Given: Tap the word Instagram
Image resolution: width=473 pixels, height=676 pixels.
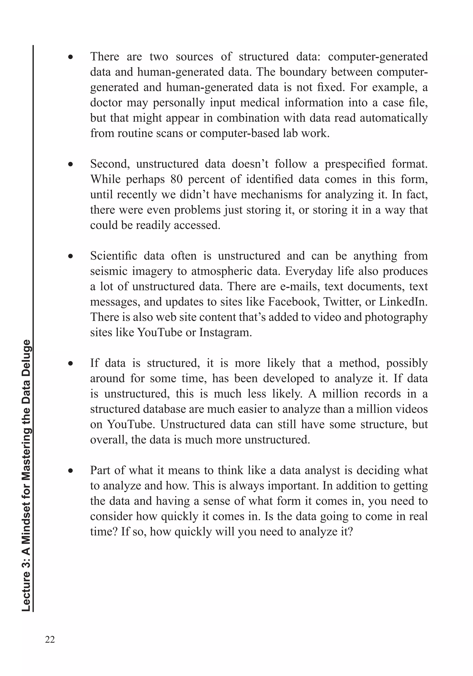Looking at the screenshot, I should click(x=225, y=332).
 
